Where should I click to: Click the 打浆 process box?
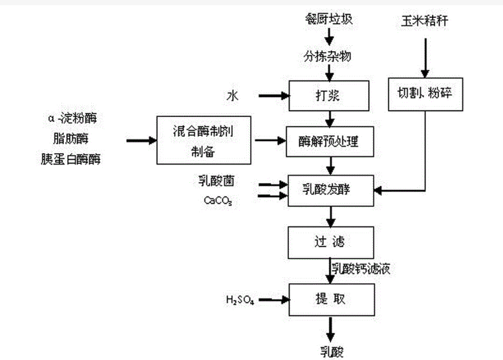click(x=330, y=96)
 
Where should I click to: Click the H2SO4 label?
click(x=239, y=301)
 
